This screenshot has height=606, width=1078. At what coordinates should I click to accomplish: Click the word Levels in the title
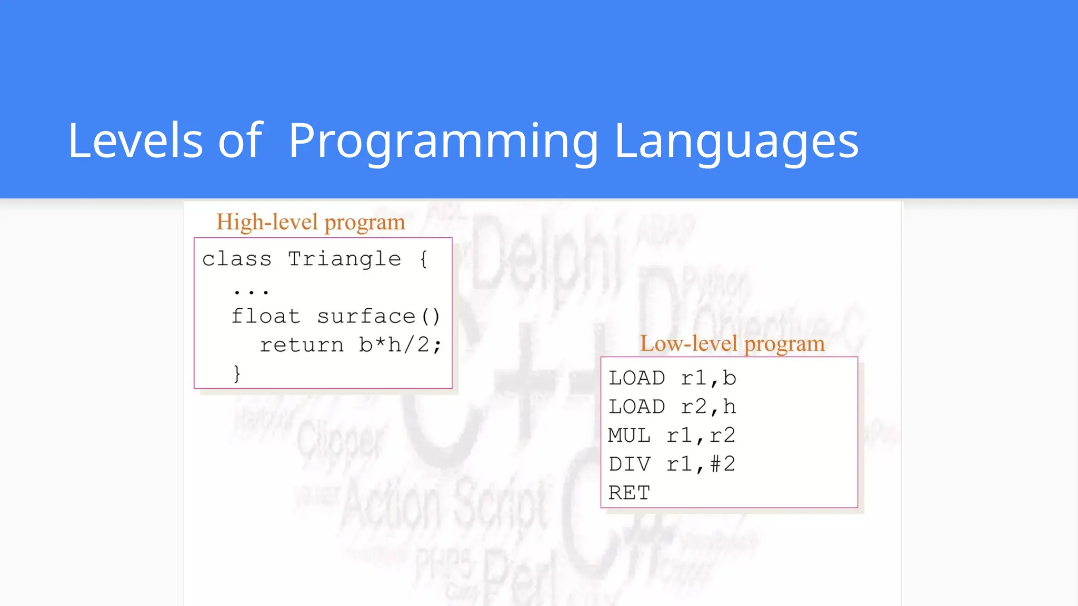pyautogui.click(x=135, y=140)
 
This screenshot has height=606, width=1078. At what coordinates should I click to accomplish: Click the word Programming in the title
pyautogui.click(x=443, y=140)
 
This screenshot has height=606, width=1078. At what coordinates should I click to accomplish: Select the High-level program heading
pyautogui.click(x=311, y=222)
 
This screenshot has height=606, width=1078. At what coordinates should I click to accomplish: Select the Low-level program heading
pyautogui.click(x=732, y=344)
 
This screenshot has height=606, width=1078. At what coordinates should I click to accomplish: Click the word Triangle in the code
pyautogui.click(x=344, y=259)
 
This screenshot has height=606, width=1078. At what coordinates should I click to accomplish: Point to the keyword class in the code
pyautogui.click(x=237, y=259)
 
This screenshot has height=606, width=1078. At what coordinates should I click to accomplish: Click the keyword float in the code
pyautogui.click(x=266, y=316)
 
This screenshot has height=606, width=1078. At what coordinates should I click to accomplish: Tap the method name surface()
pyautogui.click(x=378, y=316)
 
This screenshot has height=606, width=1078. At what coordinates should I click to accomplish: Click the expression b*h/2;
pyautogui.click(x=400, y=345)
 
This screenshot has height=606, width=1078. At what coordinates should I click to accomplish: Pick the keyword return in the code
pyautogui.click(x=302, y=345)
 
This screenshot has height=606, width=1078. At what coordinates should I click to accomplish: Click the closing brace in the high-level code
pyautogui.click(x=237, y=373)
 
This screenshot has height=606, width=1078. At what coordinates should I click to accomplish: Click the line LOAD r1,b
pyautogui.click(x=672, y=378)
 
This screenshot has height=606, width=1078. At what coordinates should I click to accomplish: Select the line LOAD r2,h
pyautogui.click(x=672, y=407)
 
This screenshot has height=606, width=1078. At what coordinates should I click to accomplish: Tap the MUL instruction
pyautogui.click(x=629, y=436)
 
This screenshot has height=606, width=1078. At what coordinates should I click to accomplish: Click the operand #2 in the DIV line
pyautogui.click(x=722, y=464)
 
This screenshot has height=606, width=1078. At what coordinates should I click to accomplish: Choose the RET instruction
pyautogui.click(x=629, y=493)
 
